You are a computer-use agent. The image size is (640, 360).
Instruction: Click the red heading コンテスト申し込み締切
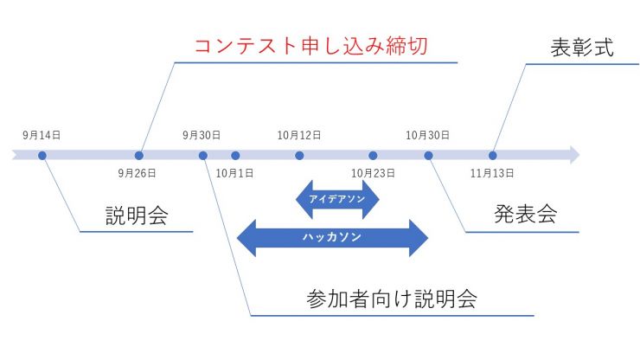point(310,45)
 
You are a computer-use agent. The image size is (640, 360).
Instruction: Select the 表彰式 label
point(581,48)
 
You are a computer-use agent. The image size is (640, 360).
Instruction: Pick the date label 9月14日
point(42,136)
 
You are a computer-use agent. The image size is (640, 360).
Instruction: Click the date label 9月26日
point(138,173)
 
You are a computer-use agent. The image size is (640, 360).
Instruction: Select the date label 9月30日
point(202,136)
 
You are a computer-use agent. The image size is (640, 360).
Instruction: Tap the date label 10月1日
point(234,173)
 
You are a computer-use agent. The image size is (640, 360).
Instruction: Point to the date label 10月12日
point(299,136)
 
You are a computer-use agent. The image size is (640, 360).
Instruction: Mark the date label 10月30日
point(427,136)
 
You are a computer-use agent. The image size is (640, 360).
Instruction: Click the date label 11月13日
point(492,173)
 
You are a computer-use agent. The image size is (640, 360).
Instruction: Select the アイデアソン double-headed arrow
point(337,199)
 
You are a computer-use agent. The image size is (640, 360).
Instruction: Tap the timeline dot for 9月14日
point(42,156)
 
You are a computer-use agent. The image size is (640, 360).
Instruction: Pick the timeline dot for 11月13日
point(492,156)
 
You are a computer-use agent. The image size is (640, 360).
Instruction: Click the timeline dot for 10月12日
point(299,156)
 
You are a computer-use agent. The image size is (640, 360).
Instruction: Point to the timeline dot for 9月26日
point(138,156)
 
